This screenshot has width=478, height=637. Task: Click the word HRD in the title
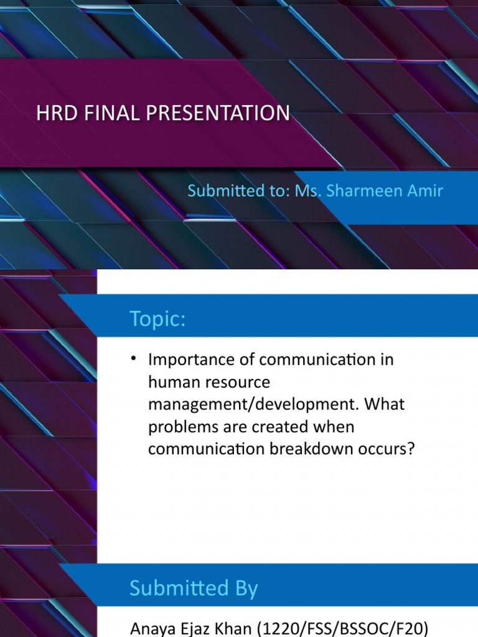[x=57, y=113]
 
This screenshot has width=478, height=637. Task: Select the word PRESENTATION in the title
[x=218, y=113]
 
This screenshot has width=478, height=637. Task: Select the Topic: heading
[x=157, y=318]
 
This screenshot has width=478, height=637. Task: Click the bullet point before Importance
[x=133, y=358]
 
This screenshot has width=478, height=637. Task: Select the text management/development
[x=254, y=404]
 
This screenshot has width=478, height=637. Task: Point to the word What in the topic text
[x=385, y=404]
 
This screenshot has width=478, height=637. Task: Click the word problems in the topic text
[x=183, y=427]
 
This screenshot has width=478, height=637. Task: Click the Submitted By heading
[x=194, y=588]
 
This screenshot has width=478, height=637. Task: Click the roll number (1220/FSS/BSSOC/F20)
[x=343, y=629]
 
